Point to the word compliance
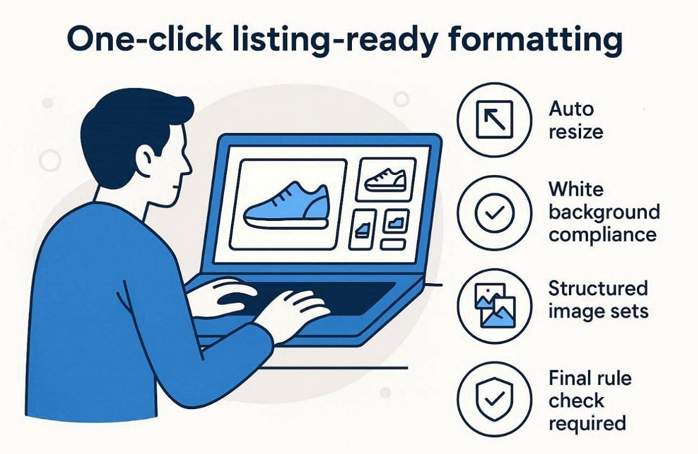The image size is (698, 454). [603, 235]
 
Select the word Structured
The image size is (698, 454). [598, 288]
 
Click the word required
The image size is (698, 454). [587, 423]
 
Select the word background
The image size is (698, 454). [604, 212]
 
